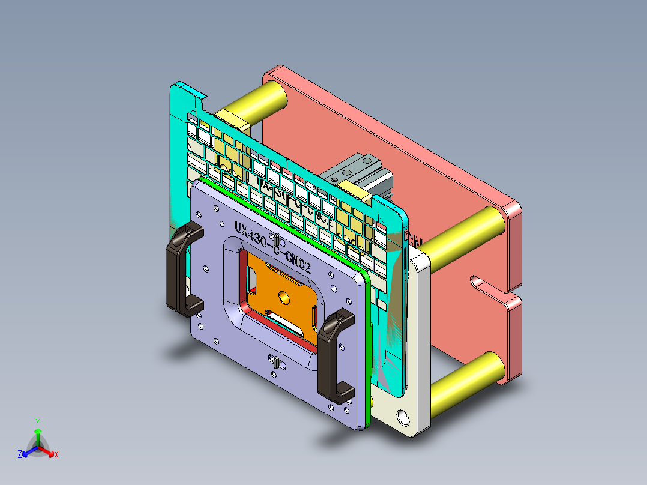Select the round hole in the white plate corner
[x=402, y=415]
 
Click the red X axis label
[x=56, y=454]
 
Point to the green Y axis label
[x=37, y=422]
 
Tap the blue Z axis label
[x=20, y=454]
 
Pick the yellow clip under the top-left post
[x=230, y=119]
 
